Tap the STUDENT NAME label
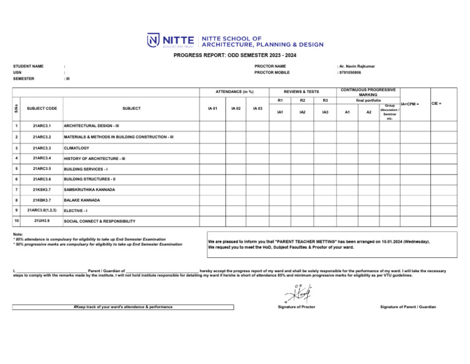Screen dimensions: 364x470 point(28,66)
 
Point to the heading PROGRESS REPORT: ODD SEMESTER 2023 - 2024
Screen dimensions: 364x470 point(235,55)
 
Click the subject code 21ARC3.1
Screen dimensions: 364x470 point(42,127)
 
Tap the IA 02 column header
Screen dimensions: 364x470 point(233,108)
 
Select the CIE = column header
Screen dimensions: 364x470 point(437,104)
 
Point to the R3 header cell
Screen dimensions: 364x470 point(326,100)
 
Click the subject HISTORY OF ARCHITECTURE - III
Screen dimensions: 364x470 point(95,158)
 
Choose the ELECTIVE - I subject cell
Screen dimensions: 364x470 point(78,210)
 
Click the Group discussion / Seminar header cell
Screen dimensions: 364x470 point(390,112)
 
